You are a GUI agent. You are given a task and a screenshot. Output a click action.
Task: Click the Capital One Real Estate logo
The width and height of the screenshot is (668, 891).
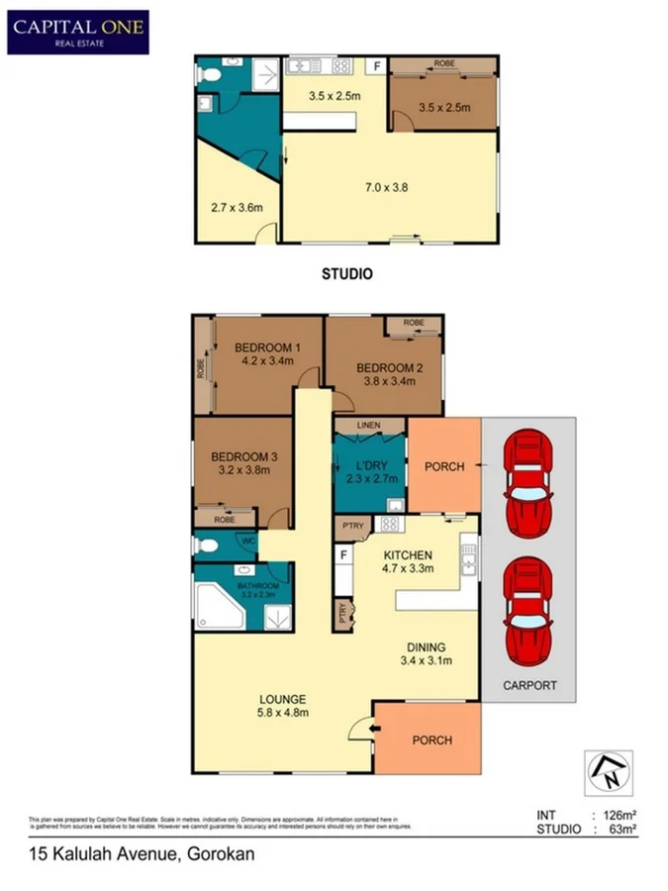point(78,32)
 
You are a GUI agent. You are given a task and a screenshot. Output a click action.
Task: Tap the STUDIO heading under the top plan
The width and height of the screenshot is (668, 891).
point(347,274)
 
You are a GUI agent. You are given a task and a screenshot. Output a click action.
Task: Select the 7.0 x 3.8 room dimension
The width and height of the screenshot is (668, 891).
point(387,185)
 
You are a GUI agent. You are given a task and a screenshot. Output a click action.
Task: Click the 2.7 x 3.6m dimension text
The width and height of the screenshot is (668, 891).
point(236,208)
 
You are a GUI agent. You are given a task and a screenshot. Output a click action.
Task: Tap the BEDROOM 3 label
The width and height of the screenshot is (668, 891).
point(242,456)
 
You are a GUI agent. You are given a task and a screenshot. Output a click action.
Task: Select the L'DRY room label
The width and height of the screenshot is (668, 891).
point(368,465)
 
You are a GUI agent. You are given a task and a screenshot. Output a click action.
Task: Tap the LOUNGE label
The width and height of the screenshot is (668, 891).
point(284,698)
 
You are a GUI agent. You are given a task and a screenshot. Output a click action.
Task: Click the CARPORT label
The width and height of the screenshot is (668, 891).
point(528,685)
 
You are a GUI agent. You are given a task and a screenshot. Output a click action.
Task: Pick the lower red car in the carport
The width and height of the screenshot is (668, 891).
point(527,614)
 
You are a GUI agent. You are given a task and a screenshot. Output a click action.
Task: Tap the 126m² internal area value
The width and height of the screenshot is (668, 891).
point(614,815)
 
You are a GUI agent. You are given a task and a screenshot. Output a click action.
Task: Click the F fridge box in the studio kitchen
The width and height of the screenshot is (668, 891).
point(375,67)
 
